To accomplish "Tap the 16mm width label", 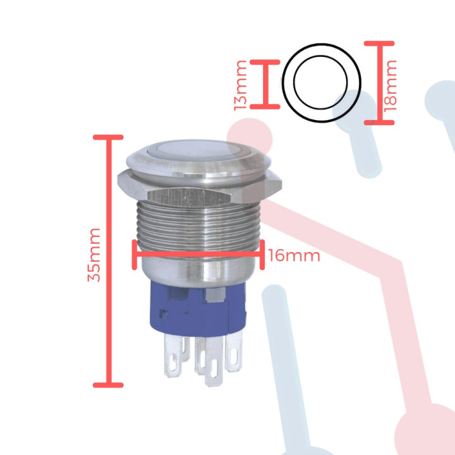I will pos(293,256).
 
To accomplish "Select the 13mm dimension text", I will pos(240,85).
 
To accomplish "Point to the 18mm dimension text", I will pos(392,83).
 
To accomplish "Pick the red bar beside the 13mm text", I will pos(265,85).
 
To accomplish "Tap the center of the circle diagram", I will pos(321,83).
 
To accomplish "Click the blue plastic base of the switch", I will pos(190,310).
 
